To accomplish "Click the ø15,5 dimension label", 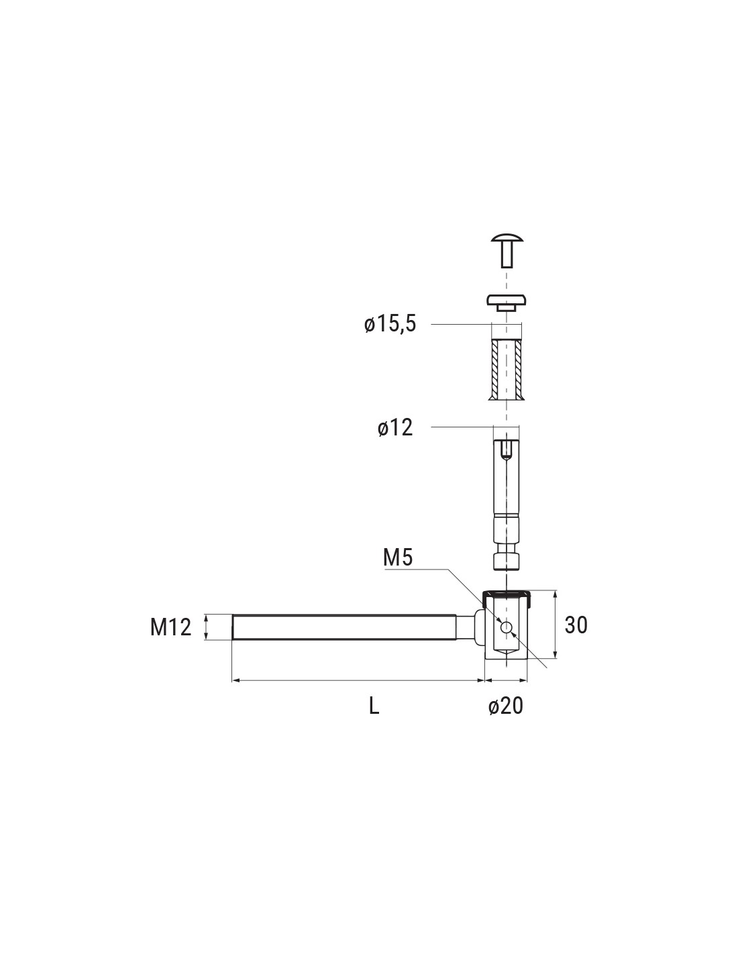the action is (390, 325).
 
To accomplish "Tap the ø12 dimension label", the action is (394, 427).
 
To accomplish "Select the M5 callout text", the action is (398, 558).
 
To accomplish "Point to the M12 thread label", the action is (171, 627).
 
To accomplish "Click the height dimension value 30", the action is (576, 625).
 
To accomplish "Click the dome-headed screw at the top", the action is (507, 251).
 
